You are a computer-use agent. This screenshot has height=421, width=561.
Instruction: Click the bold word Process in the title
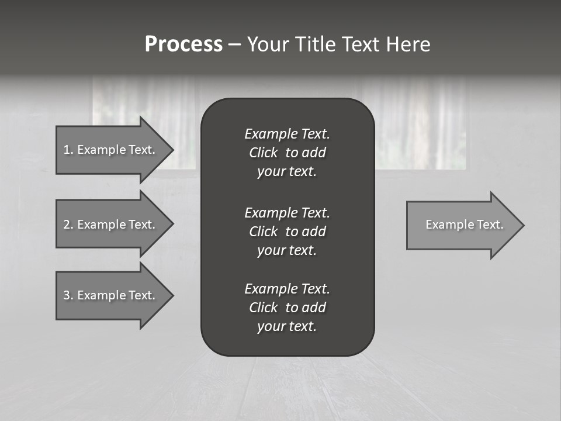pyautogui.click(x=183, y=44)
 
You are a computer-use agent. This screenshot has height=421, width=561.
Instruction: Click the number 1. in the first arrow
pyautogui.click(x=68, y=150)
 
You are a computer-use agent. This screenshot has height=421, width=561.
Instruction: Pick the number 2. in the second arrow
pyautogui.click(x=68, y=225)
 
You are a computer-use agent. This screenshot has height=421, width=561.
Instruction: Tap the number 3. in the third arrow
pyautogui.click(x=68, y=295)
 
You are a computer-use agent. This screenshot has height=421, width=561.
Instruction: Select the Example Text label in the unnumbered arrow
pyautogui.click(x=465, y=225)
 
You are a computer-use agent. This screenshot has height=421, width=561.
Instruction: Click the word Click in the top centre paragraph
pyautogui.click(x=263, y=153)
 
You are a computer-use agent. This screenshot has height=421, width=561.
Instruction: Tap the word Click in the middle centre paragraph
pyautogui.click(x=263, y=232)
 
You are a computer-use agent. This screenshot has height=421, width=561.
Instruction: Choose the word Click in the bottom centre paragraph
pyautogui.click(x=263, y=308)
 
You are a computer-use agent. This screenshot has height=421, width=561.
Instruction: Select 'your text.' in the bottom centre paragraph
pyautogui.click(x=287, y=327)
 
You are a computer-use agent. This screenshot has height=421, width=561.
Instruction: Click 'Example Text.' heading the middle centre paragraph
pyautogui.click(x=287, y=212)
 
